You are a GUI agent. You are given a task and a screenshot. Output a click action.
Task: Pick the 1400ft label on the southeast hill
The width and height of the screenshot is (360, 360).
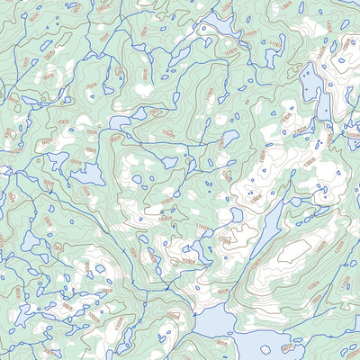tap(318, 245)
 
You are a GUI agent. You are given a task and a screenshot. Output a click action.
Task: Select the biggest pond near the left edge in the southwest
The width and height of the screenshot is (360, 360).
tap(31, 240)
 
